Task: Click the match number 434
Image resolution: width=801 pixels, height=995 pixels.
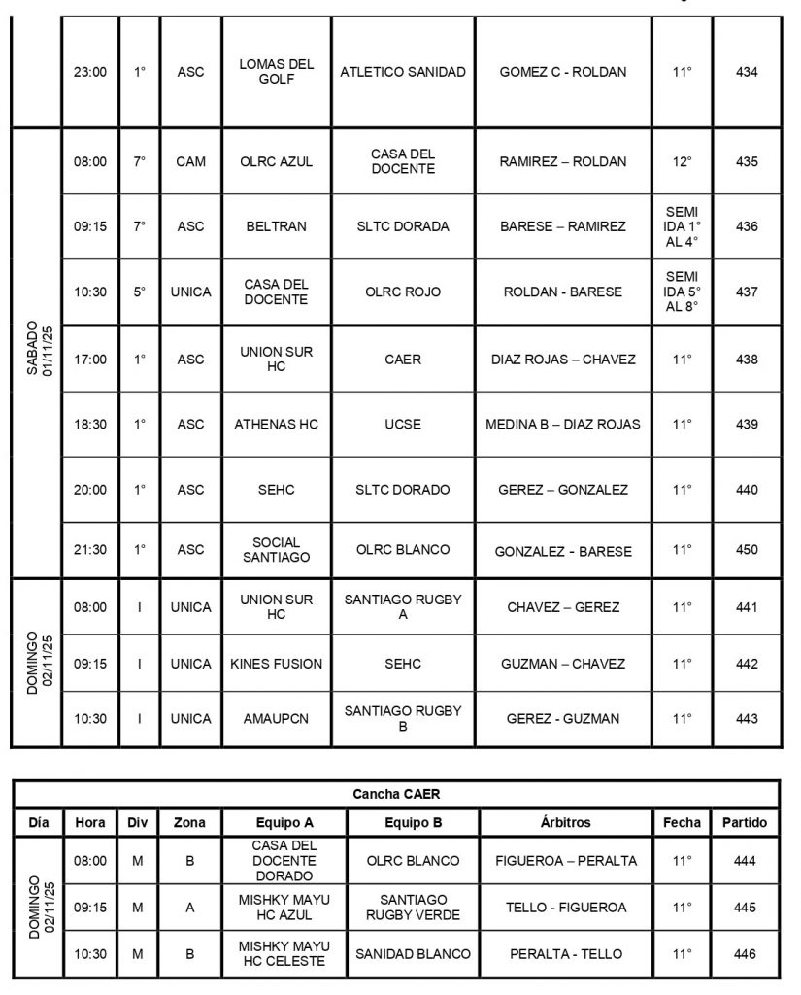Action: pos(747,72)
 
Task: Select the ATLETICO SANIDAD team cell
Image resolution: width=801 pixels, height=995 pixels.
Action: pos(403,72)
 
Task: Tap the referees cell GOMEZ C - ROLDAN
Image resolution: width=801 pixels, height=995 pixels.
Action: pos(563,72)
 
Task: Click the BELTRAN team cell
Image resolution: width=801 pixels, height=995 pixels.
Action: pos(277,226)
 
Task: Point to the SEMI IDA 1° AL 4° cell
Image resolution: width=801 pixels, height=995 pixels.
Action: pos(683,226)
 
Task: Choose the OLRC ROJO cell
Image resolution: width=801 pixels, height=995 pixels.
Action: pos(403,292)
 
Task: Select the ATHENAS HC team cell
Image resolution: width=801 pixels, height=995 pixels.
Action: pos(277,425)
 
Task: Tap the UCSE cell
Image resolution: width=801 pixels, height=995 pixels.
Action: pos(403,425)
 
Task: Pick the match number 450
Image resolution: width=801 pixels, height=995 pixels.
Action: pos(747,550)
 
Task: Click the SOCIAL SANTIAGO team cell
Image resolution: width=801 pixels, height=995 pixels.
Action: pos(277,550)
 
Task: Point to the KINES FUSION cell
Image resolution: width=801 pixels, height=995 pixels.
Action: pos(277,664)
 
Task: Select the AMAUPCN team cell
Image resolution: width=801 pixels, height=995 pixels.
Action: pos(277,719)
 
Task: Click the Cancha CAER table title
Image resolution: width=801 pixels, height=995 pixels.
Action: pos(396,794)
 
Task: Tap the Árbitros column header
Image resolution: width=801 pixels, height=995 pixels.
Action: pos(565,822)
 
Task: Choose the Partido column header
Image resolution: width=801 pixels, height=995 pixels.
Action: pos(745,822)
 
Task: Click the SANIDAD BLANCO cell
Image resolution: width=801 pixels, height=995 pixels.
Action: pos(413,954)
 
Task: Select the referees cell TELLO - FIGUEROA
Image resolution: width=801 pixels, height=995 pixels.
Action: pos(566,908)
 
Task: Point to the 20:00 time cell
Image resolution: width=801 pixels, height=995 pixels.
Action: pos(90,490)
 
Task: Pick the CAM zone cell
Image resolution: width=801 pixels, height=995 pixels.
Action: pos(191,162)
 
